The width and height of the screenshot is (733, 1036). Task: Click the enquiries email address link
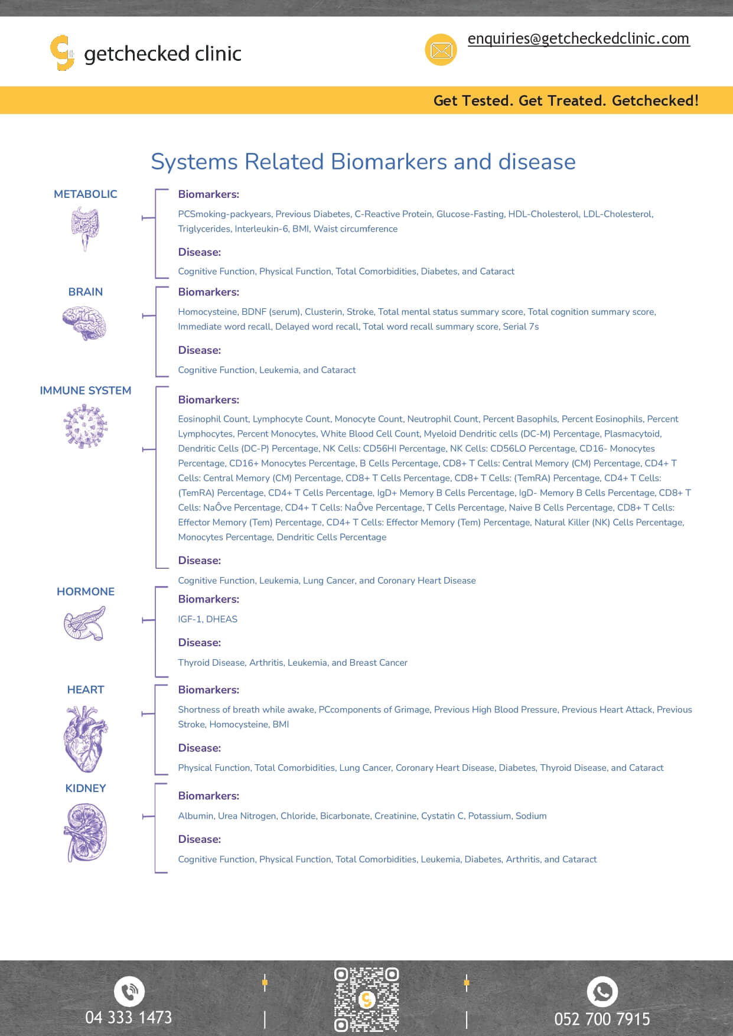(578, 39)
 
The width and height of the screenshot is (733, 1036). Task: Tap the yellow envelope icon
(441, 50)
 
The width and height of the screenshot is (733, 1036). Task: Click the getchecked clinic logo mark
(62, 53)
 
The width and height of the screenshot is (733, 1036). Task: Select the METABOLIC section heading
(86, 194)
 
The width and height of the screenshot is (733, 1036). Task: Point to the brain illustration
(84, 322)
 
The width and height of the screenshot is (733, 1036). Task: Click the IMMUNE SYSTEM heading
(86, 390)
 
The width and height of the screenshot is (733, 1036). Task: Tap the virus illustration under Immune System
(86, 426)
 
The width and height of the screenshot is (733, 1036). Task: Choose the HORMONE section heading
(86, 592)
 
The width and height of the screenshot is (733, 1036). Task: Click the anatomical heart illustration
(86, 739)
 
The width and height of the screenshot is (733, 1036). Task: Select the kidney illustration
(86, 832)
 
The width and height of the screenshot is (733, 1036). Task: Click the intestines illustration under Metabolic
(86, 229)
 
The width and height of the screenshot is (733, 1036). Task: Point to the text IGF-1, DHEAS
(208, 619)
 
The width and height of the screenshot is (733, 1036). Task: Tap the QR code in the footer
(366, 999)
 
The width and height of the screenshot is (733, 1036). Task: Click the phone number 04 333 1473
(129, 1018)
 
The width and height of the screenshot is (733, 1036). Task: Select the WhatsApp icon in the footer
(602, 992)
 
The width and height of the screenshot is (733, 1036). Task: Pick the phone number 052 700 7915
(602, 1019)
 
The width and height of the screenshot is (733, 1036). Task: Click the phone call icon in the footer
(129, 992)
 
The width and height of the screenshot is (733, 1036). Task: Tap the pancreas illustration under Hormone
(84, 624)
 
